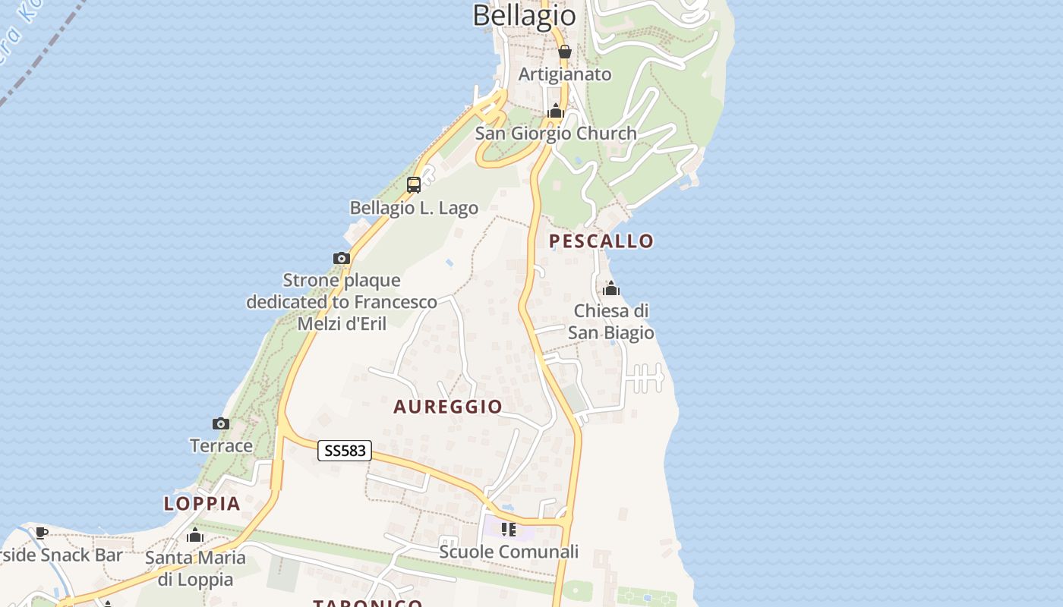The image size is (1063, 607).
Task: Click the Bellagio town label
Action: coord(524,15)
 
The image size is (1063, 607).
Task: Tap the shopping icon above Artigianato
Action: coord(564,52)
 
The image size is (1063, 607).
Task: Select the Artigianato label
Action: coord(565,74)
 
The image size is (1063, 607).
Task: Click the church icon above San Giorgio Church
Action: coord(556,112)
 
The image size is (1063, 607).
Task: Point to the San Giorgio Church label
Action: coord(556,134)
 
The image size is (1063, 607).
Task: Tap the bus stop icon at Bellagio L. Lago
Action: coord(414,184)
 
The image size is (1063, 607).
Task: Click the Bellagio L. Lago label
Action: coord(414,208)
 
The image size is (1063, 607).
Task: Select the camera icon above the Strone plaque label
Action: coord(342,258)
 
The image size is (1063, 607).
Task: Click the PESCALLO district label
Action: coord(601,241)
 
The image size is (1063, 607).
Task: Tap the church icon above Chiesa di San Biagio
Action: coord(611,288)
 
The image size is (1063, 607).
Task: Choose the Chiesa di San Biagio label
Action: coord(611,322)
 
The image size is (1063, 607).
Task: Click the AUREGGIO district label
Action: coord(448,407)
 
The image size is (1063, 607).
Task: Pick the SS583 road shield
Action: coord(345,451)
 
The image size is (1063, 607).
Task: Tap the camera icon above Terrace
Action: coord(221,423)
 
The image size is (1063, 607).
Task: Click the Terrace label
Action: coord(221,445)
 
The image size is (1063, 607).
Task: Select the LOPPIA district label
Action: coord(202,503)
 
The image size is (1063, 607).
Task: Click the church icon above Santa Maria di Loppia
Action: coord(195,536)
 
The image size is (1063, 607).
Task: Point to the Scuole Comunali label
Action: coord(509,552)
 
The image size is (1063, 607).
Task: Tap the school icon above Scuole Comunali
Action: coord(509,529)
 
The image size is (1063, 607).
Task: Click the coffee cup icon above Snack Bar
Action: coord(42,533)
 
